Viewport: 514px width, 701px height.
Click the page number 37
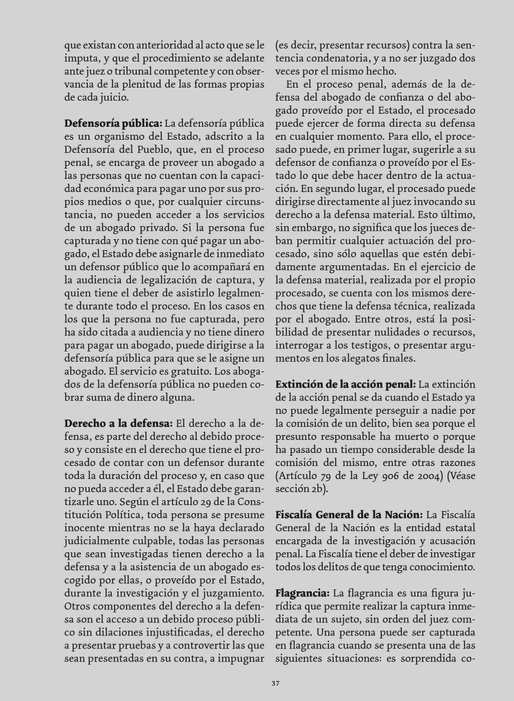pos(274,682)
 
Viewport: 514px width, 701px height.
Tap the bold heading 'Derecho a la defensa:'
pos(119,423)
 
